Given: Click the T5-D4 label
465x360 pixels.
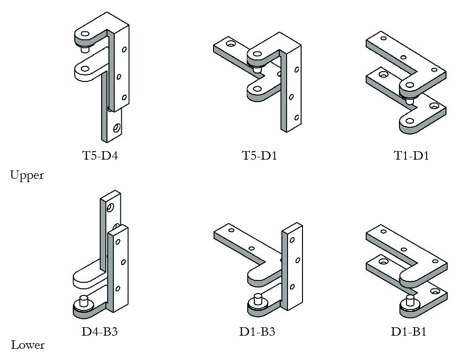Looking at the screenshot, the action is tap(100, 155).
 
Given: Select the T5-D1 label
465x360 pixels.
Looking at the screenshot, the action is tap(259, 155).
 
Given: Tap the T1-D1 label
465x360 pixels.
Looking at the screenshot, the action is tap(411, 155).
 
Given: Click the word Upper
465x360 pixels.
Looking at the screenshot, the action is tap(27, 176).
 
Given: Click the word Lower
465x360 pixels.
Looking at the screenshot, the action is tap(28, 345).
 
